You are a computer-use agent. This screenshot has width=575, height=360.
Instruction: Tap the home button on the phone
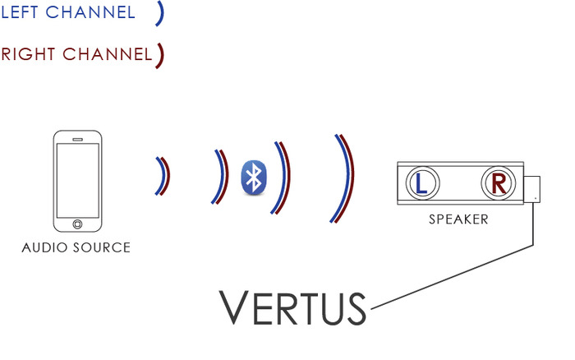point(77,223)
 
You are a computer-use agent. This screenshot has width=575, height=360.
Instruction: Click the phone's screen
point(77,179)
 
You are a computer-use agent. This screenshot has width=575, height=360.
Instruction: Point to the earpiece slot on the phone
point(77,139)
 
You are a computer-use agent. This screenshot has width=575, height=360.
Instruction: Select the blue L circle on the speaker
point(421,183)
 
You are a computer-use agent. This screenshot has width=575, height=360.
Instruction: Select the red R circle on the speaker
point(497,183)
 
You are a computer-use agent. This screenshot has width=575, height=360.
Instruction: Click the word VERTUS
point(293,307)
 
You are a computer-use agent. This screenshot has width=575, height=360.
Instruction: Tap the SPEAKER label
point(458,220)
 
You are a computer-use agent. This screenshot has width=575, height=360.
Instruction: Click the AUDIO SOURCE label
point(76,247)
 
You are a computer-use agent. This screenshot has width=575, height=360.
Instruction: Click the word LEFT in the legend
point(22,13)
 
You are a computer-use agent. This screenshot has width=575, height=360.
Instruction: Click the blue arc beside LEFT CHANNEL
point(159,13)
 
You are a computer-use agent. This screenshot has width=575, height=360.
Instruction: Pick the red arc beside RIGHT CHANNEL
point(160,55)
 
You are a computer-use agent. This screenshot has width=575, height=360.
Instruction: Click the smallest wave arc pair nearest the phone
point(163,177)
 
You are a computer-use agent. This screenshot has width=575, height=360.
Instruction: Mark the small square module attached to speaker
point(533,188)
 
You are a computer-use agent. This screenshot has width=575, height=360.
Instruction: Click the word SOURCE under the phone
point(102,247)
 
